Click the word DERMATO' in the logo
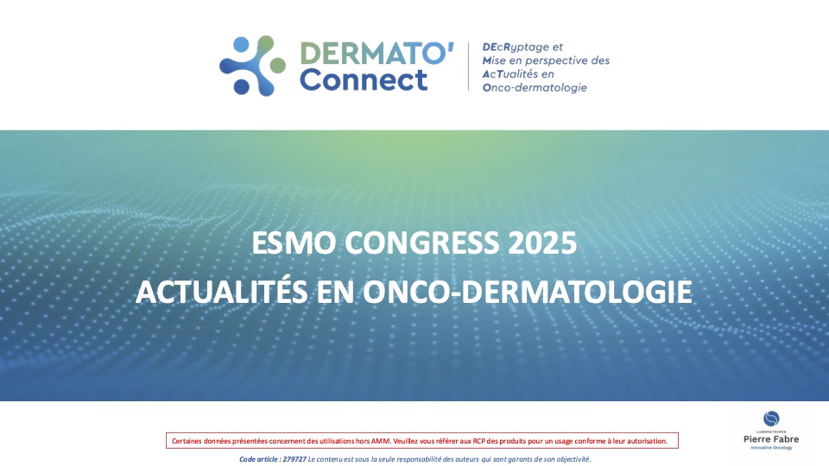coord(376,54)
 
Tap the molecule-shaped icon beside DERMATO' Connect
coord(252,66)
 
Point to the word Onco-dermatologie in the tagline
coord(533,87)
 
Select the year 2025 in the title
coord(543,243)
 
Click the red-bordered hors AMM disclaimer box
coord(421,441)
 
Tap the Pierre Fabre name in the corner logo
coord(771,440)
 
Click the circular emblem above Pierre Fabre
coord(771,419)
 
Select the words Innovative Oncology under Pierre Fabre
coord(771,449)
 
